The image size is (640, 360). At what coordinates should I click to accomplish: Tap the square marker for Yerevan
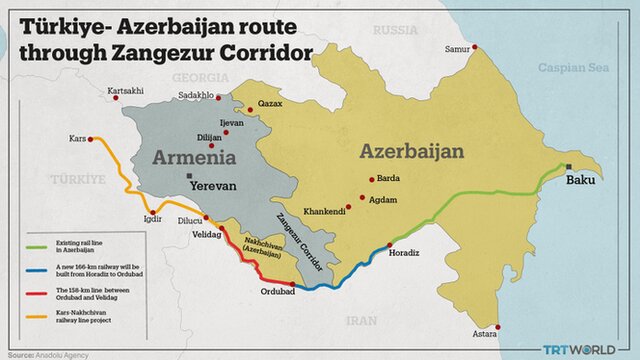coord(188,176)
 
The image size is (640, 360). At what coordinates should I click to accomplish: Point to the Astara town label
coord(485,337)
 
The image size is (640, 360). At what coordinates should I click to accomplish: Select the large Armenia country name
coord(194,157)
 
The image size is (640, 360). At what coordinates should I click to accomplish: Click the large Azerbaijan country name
coord(412,151)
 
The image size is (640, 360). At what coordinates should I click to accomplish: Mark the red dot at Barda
coord(370,180)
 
